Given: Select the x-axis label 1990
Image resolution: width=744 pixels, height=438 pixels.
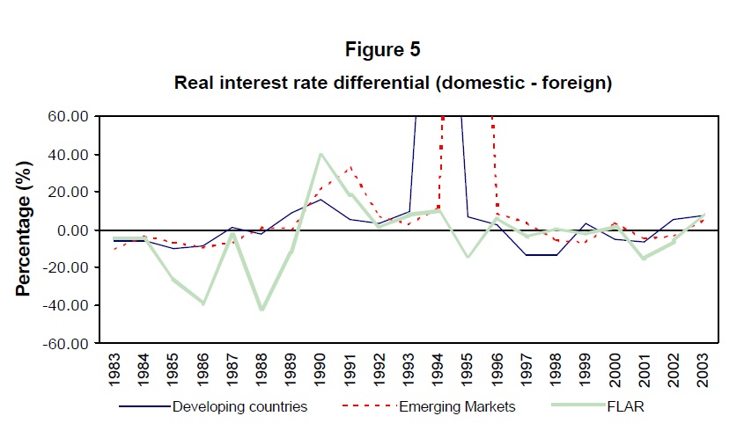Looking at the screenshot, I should click(320, 372).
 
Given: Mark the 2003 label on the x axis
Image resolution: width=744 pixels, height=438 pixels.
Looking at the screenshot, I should click(701, 372).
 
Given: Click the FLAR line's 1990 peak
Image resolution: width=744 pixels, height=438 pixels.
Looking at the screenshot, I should click(320, 155).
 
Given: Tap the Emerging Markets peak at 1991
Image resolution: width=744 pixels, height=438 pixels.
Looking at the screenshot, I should click(350, 167).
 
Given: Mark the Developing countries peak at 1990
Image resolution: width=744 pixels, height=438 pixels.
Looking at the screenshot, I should click(320, 200).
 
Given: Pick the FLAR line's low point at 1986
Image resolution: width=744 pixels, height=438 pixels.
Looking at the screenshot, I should click(204, 303).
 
